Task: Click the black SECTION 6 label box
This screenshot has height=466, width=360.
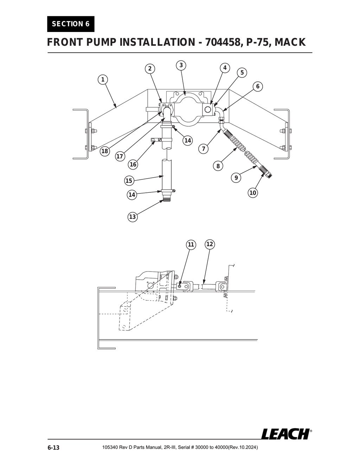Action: [71, 24]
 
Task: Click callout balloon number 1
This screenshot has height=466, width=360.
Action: [103, 80]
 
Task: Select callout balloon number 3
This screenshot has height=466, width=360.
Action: [181, 65]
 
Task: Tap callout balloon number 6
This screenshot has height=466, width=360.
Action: [258, 87]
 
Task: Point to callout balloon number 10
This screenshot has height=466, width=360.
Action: [253, 193]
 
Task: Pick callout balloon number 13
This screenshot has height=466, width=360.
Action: [132, 217]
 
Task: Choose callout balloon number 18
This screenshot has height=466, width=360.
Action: [104, 151]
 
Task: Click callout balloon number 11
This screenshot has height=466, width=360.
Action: [191, 244]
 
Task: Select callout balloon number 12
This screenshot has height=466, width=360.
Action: [210, 244]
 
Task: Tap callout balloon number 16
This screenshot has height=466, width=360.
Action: [133, 164]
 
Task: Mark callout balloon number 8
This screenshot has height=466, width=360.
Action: [218, 166]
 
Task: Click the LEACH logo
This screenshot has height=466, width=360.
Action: [285, 434]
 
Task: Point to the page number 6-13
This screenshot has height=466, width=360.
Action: [53, 448]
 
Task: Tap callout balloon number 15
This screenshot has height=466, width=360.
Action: [129, 181]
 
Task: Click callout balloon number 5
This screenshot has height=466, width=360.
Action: [242, 73]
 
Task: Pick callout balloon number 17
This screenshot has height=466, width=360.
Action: [120, 157]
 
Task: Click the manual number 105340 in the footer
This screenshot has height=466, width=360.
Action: [110, 448]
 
